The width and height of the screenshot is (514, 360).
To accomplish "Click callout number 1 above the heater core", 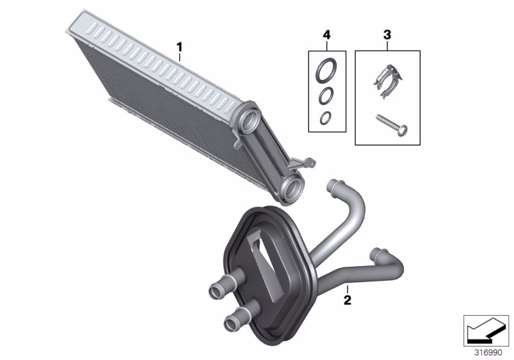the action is click(179, 47).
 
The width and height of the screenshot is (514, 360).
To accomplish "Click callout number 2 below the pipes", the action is click(348, 300).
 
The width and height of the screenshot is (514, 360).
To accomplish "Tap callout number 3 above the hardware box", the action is click(387, 35).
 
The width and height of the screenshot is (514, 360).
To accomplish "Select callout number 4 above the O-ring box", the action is click(327, 35).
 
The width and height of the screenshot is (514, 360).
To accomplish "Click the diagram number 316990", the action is click(488, 353).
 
